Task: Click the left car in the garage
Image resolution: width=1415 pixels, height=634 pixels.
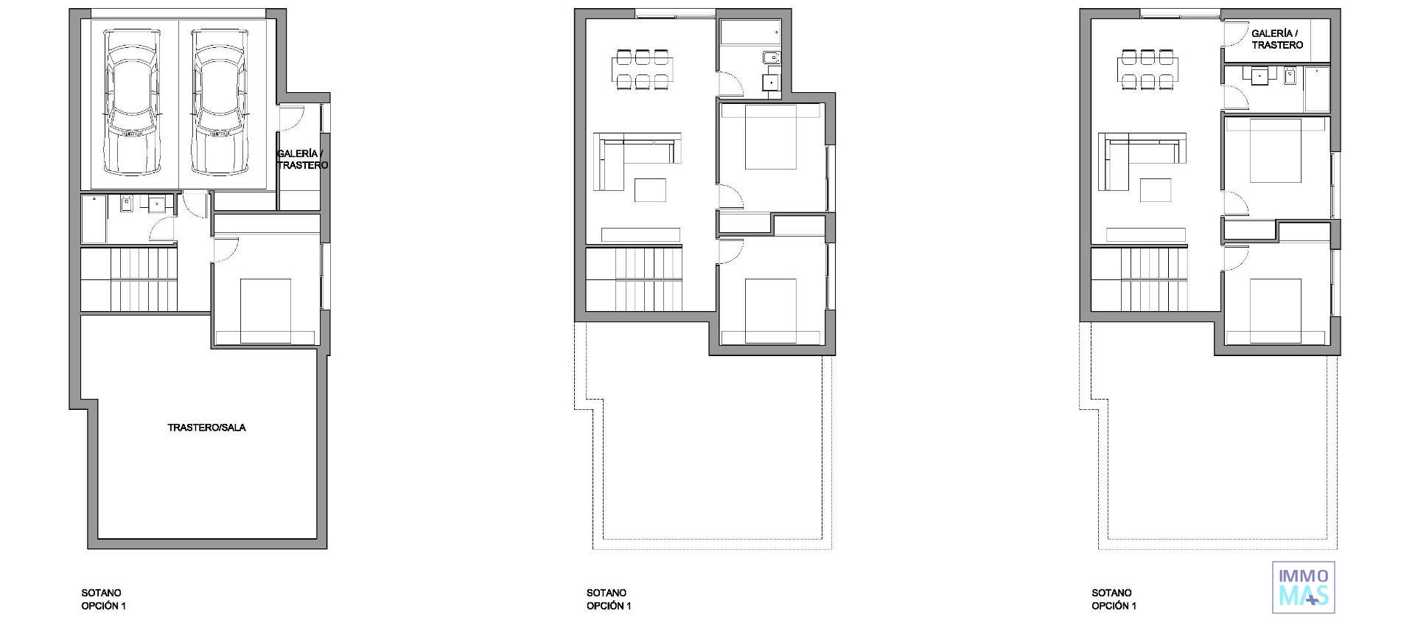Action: click(x=132, y=102)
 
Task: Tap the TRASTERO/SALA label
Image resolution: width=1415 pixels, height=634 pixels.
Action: click(x=206, y=428)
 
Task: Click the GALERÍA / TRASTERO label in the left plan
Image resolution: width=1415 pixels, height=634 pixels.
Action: click(x=302, y=159)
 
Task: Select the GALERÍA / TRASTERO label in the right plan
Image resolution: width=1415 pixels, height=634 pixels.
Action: click(x=1277, y=39)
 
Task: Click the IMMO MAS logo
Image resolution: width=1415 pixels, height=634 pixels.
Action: click(x=1304, y=588)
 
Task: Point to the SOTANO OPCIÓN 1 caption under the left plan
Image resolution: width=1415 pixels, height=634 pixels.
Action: click(x=102, y=599)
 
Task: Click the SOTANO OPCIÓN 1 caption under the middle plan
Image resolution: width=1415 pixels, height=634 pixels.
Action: click(x=608, y=599)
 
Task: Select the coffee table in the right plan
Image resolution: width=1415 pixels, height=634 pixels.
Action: click(x=1155, y=190)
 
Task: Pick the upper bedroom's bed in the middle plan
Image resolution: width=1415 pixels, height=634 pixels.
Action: click(x=771, y=137)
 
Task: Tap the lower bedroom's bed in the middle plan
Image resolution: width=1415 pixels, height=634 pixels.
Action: click(x=771, y=310)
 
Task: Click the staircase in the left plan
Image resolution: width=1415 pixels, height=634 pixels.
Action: click(x=129, y=279)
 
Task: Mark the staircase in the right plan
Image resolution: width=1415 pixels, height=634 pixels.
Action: click(x=1139, y=279)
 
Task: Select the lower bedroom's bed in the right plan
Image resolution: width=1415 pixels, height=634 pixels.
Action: click(x=1276, y=310)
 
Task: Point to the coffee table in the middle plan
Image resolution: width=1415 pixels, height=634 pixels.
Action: click(x=650, y=190)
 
